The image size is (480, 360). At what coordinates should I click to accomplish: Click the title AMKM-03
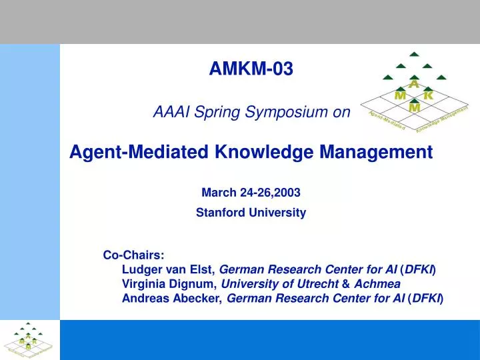tap(251, 68)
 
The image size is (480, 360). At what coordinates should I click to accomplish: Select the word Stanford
tap(219, 213)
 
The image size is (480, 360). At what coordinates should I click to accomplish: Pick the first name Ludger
tap(142, 269)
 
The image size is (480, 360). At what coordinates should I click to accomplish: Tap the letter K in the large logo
tap(429, 95)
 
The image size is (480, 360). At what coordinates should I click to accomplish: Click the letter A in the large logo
tap(413, 85)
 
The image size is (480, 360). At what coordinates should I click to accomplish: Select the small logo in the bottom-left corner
tap(28, 339)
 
